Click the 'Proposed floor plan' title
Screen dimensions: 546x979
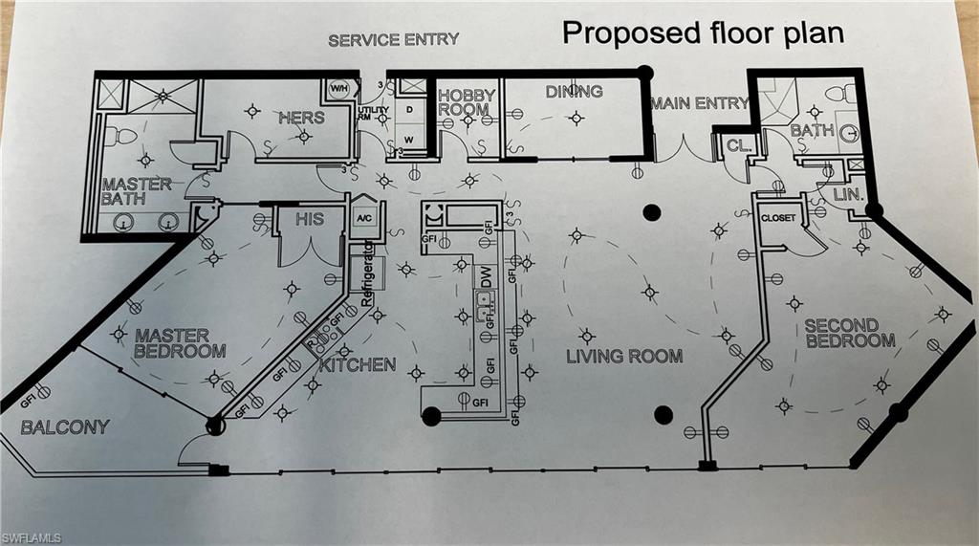pyautogui.click(x=703, y=32)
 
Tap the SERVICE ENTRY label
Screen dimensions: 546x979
pyautogui.click(x=393, y=40)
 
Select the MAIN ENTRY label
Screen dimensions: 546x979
pyautogui.click(x=699, y=103)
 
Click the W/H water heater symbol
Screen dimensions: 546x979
pyautogui.click(x=339, y=89)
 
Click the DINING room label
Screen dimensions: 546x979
pyautogui.click(x=574, y=92)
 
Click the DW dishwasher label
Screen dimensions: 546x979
pyautogui.click(x=486, y=278)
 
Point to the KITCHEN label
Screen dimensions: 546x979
pyautogui.click(x=357, y=365)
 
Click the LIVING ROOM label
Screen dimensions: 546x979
pyautogui.click(x=623, y=357)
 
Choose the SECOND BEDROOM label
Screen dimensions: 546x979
pyautogui.click(x=849, y=333)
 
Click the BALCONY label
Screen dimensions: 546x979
pyautogui.click(x=65, y=426)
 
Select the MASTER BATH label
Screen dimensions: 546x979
pyautogui.click(x=137, y=191)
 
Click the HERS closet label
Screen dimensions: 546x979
pyautogui.click(x=301, y=118)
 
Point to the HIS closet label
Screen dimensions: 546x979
pyautogui.click(x=309, y=219)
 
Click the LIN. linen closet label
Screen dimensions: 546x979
pyautogui.click(x=848, y=194)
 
